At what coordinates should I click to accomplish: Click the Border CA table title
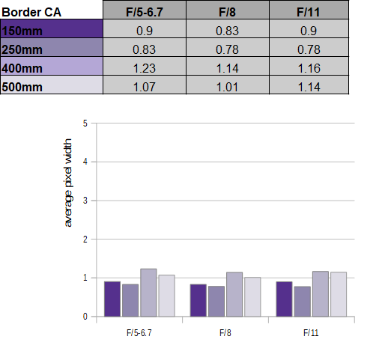[31, 12]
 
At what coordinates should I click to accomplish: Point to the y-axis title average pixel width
[68, 183]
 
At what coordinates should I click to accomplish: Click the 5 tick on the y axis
[85, 123]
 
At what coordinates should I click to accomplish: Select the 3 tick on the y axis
[85, 201]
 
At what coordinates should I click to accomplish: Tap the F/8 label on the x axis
[225, 333]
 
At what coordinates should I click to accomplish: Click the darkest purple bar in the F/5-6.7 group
[112, 299]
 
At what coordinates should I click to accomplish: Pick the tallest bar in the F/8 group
[234, 294]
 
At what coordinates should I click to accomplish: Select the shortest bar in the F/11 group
[303, 302]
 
